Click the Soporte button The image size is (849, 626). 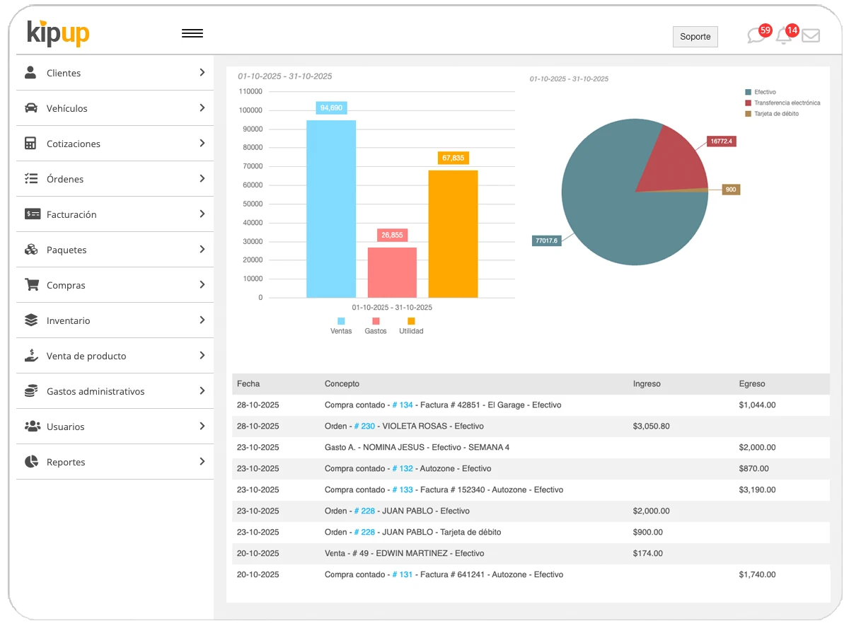pos(695,37)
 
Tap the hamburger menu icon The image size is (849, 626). pos(192,33)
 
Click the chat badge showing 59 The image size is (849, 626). pos(765,30)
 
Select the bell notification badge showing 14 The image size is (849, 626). pos(792,30)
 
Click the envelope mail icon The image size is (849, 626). pos(811,36)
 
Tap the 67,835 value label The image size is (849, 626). pos(453,158)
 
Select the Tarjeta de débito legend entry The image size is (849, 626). pos(775,114)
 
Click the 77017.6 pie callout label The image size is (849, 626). pos(546,240)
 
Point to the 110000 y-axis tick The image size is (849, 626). pos(250,91)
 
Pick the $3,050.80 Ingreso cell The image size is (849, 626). pos(651,427)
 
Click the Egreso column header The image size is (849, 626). pos(751,384)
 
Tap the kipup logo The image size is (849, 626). pos(58,33)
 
